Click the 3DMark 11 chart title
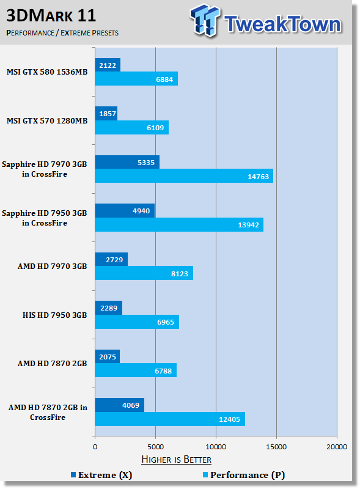point(51,16)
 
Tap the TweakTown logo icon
point(205,20)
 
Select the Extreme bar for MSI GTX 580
point(108,65)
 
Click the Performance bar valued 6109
point(132,128)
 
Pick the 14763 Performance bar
point(184,176)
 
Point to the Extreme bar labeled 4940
point(125,210)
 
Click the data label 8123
point(180,274)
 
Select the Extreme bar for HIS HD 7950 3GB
point(109,308)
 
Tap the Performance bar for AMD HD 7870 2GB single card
point(136,370)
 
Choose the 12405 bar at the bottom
point(170,419)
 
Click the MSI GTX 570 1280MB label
point(47,120)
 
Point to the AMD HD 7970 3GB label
point(53,267)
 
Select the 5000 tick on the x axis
point(155,447)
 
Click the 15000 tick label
point(276,447)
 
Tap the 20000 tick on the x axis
point(337,447)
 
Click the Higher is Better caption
point(176,460)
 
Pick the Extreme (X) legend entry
point(101,475)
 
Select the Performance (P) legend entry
point(244,475)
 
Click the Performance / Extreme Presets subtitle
point(62,33)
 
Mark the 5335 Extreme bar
point(127,162)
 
